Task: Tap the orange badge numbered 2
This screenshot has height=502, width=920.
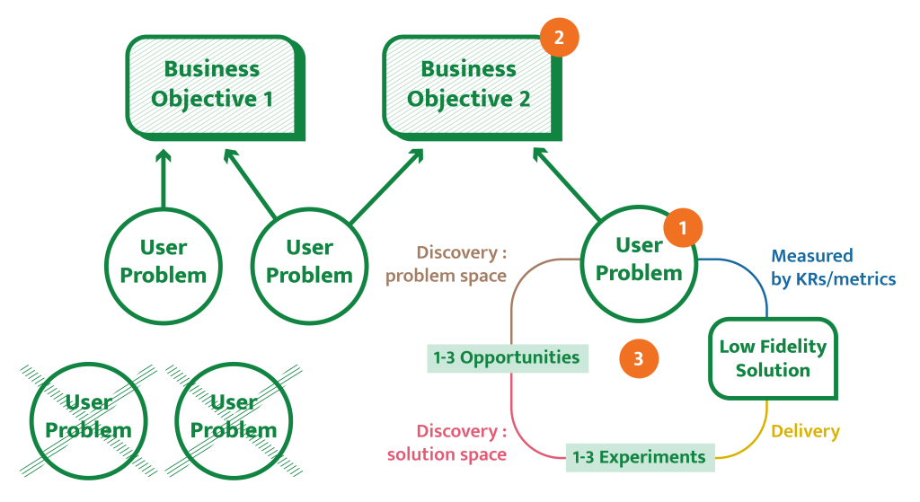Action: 560,38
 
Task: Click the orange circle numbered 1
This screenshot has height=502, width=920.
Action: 683,228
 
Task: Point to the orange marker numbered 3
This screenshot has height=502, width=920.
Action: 639,359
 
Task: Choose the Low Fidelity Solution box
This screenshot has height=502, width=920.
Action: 773,357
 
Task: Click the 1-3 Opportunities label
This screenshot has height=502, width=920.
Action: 507,357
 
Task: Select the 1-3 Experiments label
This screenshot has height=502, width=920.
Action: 640,457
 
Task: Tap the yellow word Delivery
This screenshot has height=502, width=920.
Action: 805,432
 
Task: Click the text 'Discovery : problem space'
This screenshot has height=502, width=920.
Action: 447,265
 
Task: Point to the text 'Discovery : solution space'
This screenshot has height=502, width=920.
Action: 447,443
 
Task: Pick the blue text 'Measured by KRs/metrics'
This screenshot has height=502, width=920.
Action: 833,268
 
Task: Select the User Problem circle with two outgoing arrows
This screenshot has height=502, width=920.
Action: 310,261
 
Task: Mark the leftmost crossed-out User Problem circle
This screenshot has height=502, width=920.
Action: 88,417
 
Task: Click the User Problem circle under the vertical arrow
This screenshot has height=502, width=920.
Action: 164,261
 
